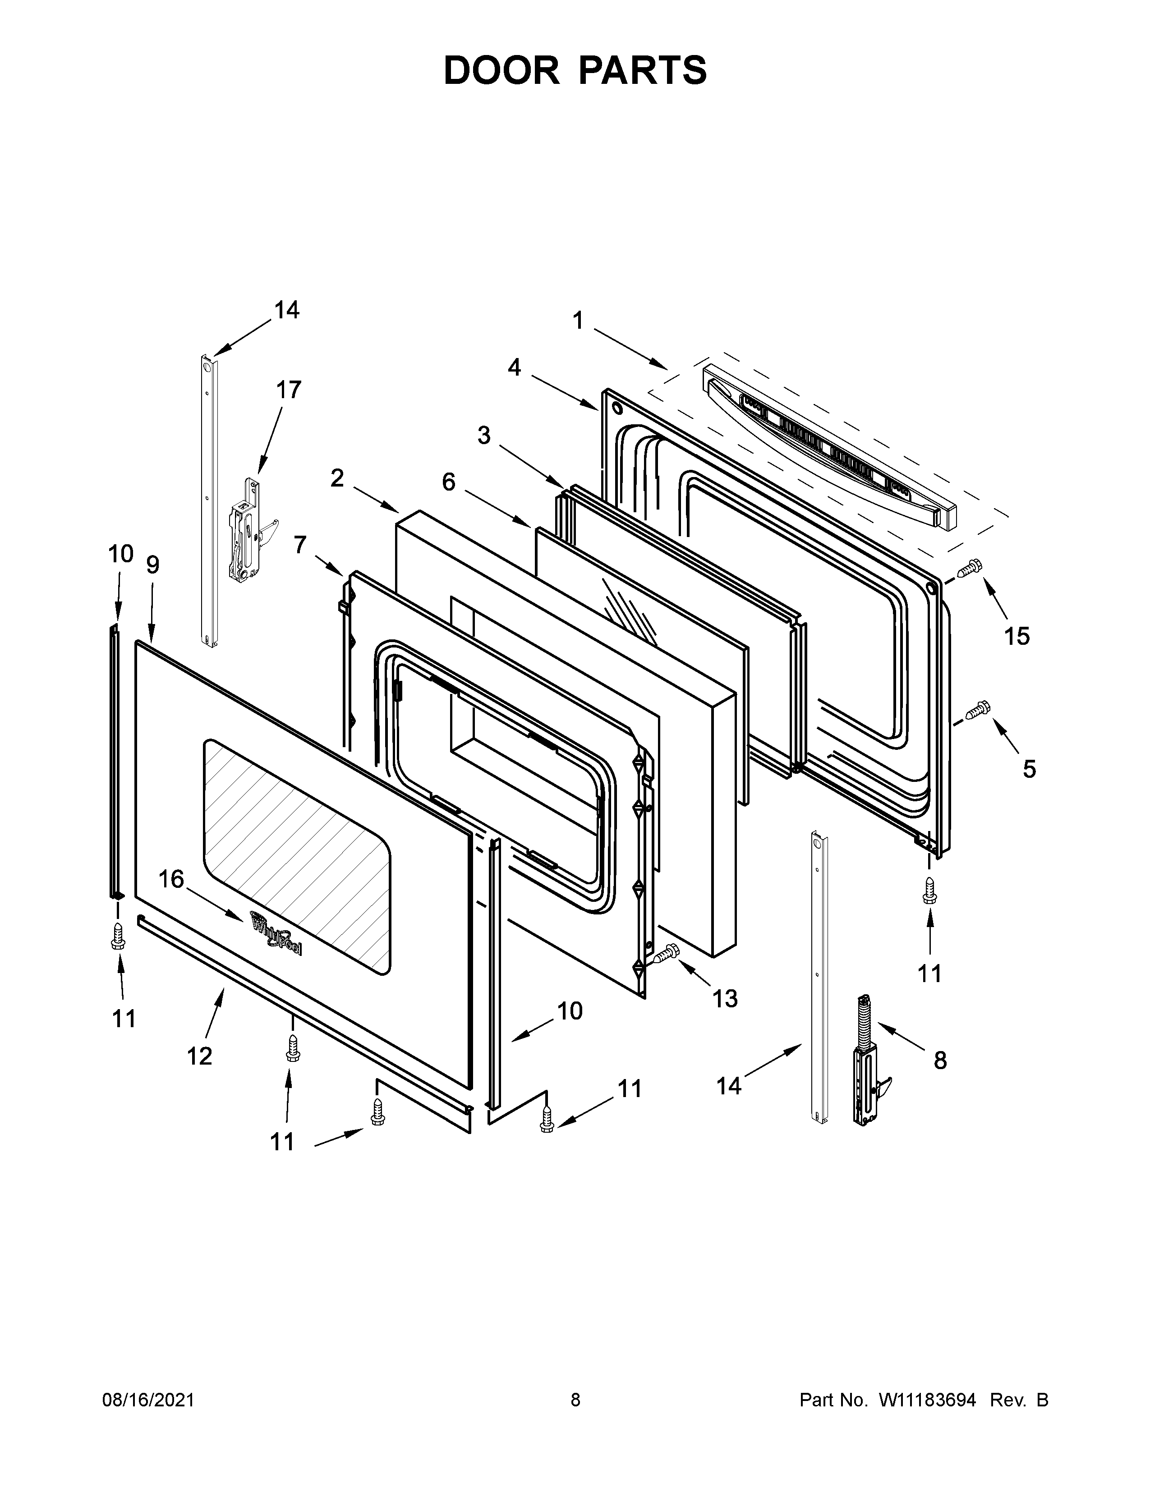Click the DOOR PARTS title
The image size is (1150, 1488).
tap(575, 71)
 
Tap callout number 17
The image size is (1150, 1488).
tap(288, 390)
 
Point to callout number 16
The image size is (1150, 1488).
tap(172, 880)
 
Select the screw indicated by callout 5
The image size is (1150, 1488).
tap(976, 710)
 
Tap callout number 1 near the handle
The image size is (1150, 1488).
tap(578, 320)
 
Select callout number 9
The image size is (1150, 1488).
tap(152, 565)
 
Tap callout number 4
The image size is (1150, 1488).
tap(515, 368)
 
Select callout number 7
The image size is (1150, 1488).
tap(300, 545)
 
